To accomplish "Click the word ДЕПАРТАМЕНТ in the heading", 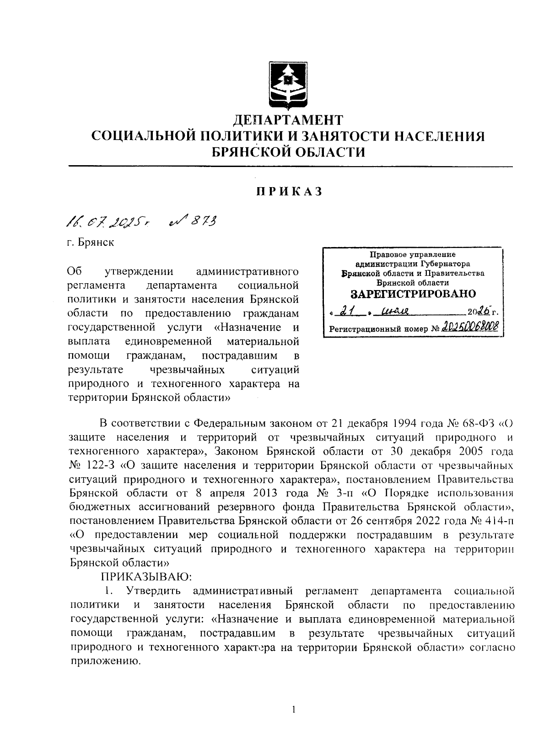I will click(288, 120).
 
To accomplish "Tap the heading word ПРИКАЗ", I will click(289, 191).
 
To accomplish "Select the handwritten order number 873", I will click(193, 222).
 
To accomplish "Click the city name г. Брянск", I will click(90, 242).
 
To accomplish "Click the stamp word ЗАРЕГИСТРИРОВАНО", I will click(413, 294).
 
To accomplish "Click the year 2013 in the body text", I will click(264, 494).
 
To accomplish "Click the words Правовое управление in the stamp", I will click(413, 255).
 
